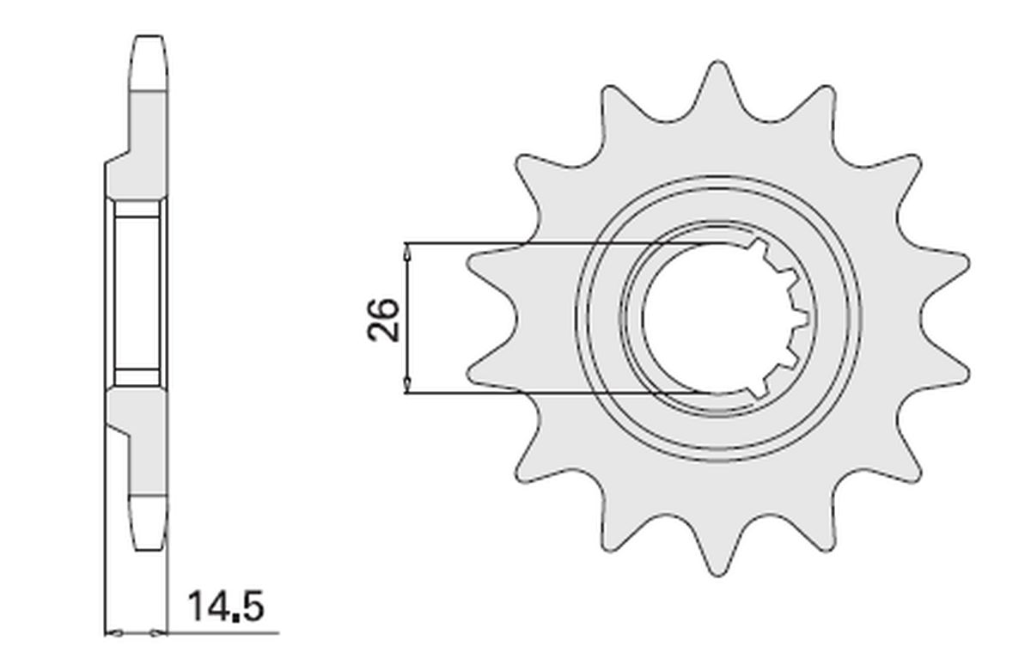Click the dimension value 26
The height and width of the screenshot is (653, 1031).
pyautogui.click(x=383, y=320)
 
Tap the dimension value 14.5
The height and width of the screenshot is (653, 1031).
pyautogui.click(x=226, y=607)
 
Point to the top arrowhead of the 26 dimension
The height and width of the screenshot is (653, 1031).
pyautogui.click(x=406, y=253)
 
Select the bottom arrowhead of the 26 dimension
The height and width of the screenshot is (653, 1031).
pyautogui.click(x=406, y=383)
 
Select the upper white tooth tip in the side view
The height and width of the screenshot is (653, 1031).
pyautogui.click(x=148, y=63)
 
